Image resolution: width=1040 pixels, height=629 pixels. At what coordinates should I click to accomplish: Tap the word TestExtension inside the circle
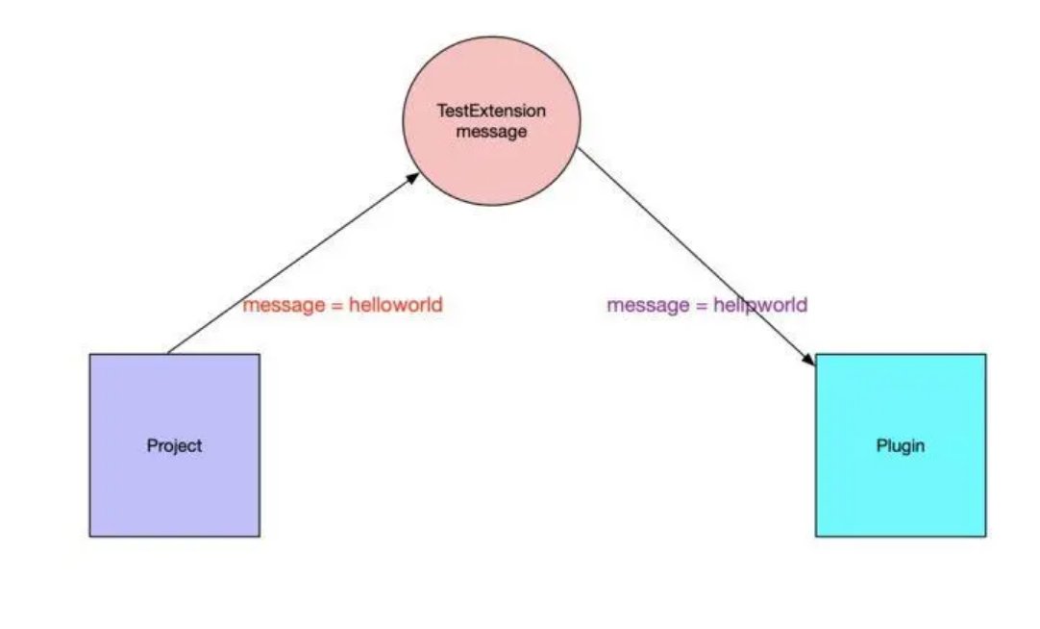click(491, 112)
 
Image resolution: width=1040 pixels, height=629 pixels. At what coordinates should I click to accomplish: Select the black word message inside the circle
click(491, 132)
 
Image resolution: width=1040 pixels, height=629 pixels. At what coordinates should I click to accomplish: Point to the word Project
click(174, 446)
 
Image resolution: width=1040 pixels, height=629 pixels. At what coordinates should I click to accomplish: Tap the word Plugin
click(900, 446)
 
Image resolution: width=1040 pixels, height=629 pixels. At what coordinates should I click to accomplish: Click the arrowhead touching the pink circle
click(414, 177)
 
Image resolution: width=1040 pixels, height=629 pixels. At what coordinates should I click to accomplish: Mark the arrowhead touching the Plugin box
click(809, 361)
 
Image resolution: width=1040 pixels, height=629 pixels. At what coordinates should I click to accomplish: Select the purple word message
click(647, 306)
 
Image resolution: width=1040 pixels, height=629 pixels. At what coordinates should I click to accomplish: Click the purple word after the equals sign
click(760, 306)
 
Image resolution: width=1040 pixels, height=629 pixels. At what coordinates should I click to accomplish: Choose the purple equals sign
click(700, 306)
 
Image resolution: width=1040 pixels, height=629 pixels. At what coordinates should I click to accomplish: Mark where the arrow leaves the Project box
click(167, 353)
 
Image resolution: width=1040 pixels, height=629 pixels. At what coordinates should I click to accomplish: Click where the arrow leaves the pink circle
click(580, 150)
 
